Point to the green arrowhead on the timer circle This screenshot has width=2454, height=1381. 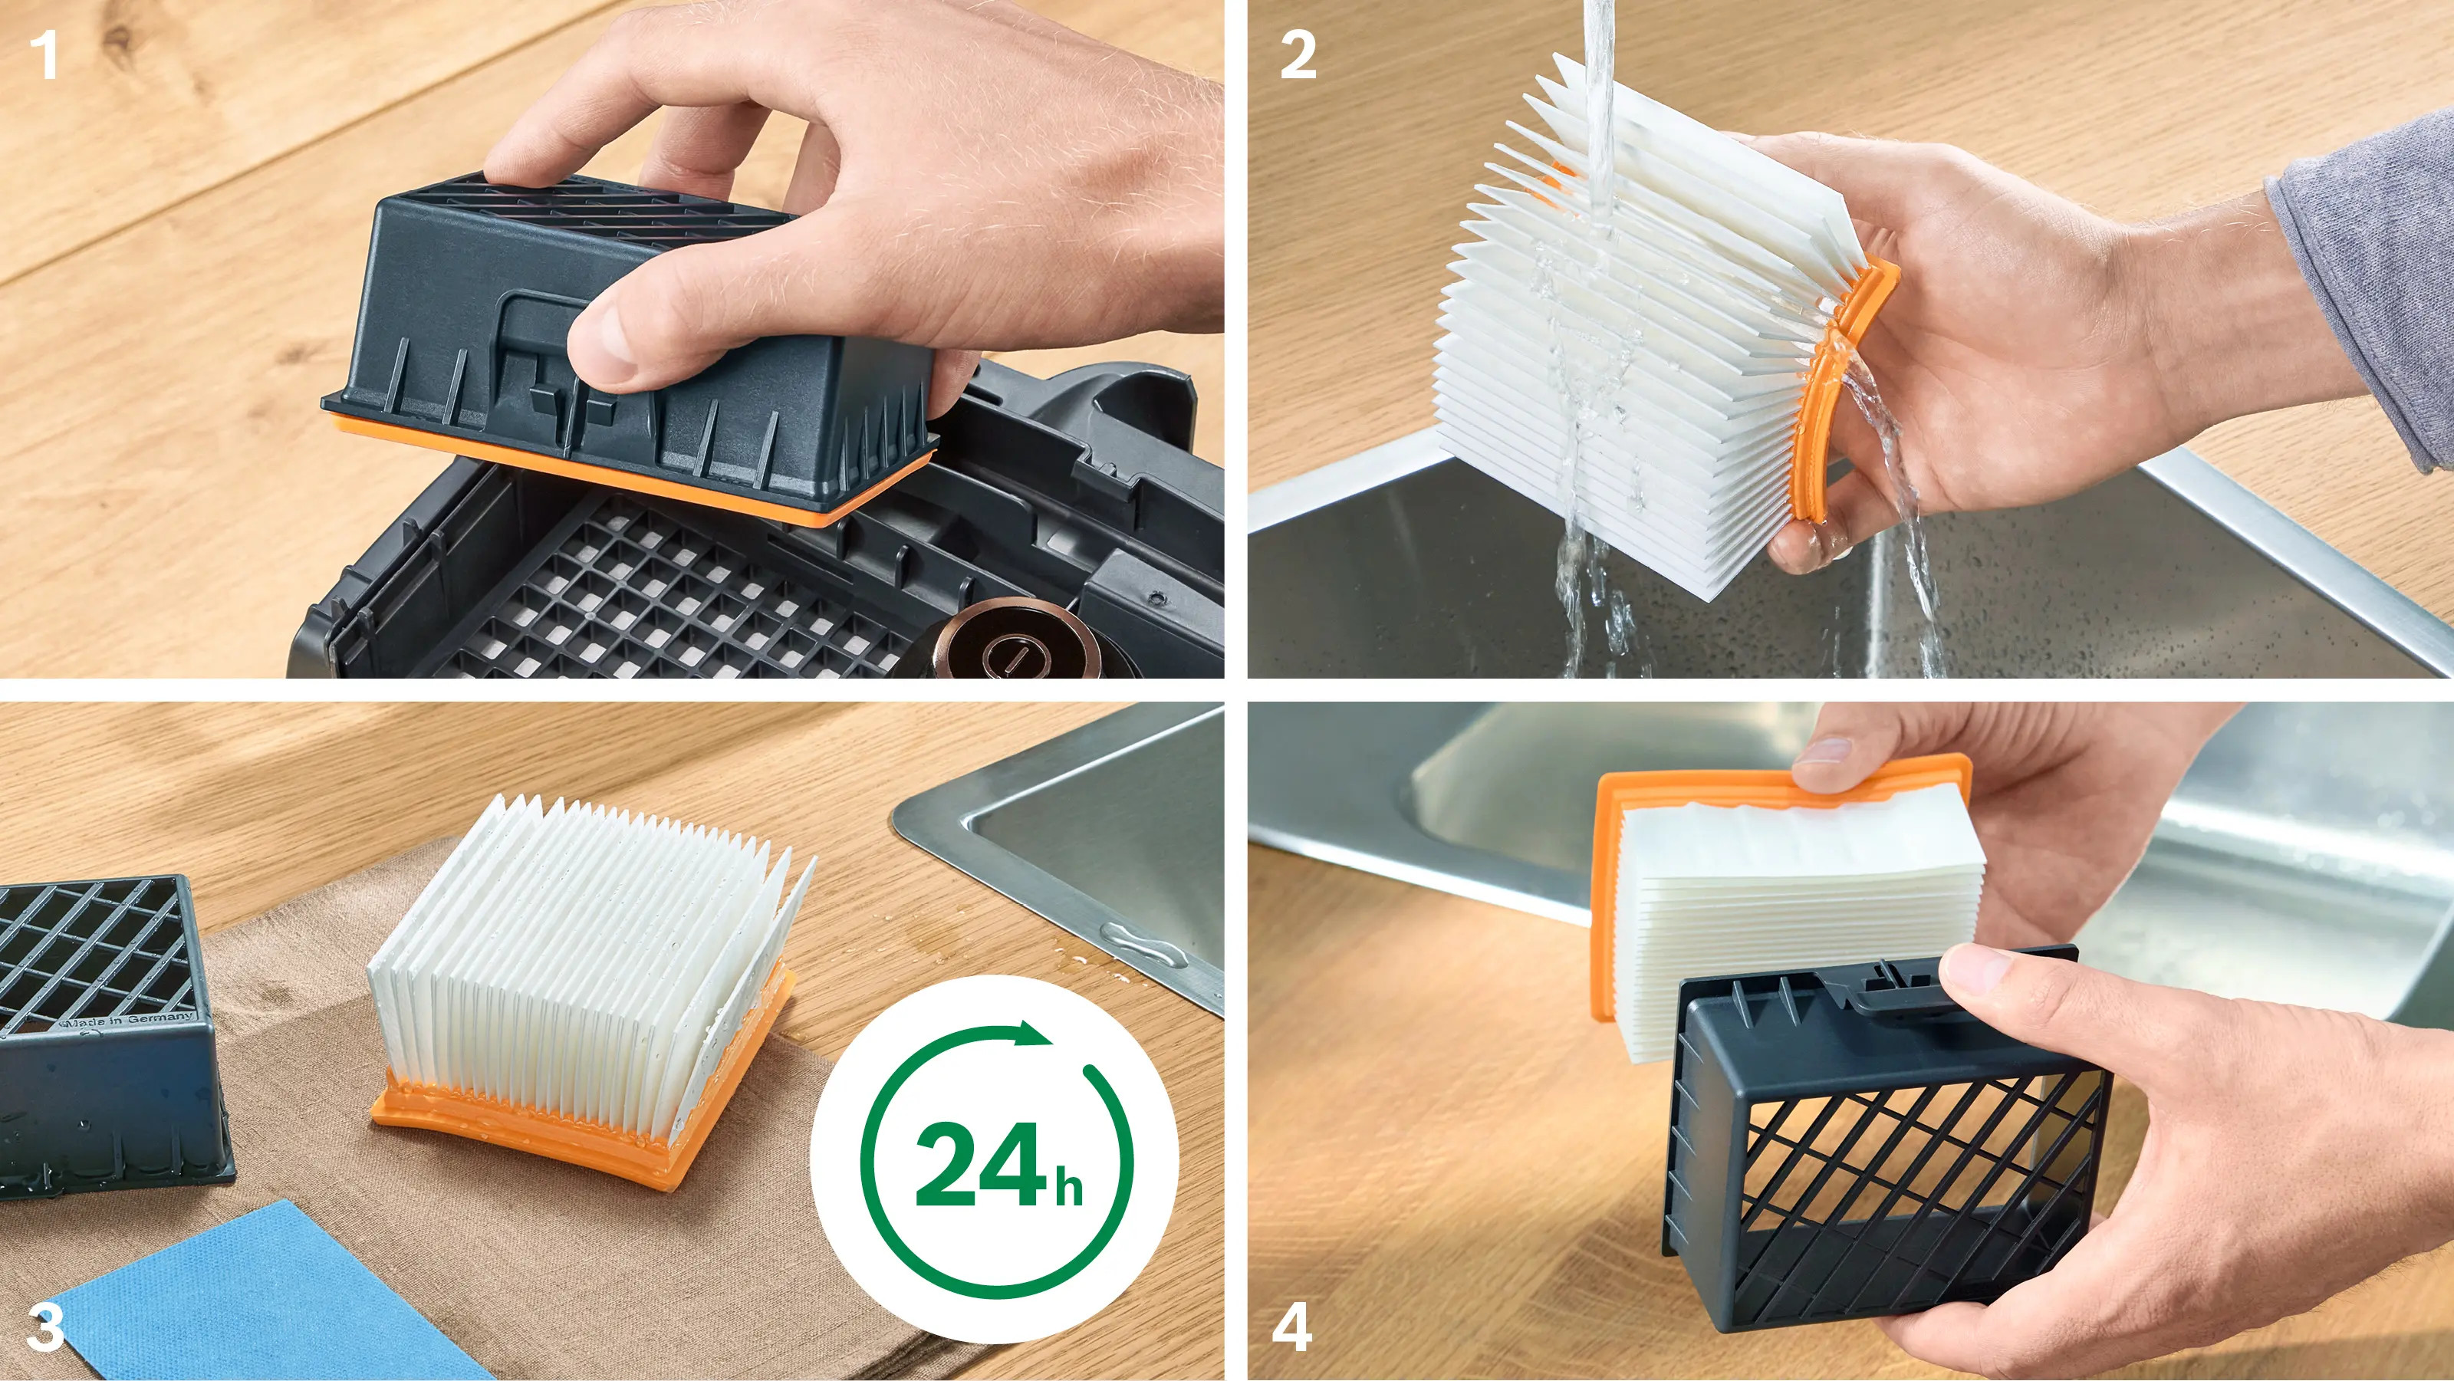pos(1034,1034)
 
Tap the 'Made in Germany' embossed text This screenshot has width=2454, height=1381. pos(129,1020)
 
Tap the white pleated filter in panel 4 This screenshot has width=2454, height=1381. pos(1796,914)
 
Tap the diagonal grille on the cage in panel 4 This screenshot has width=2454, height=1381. pos(1896,1172)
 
